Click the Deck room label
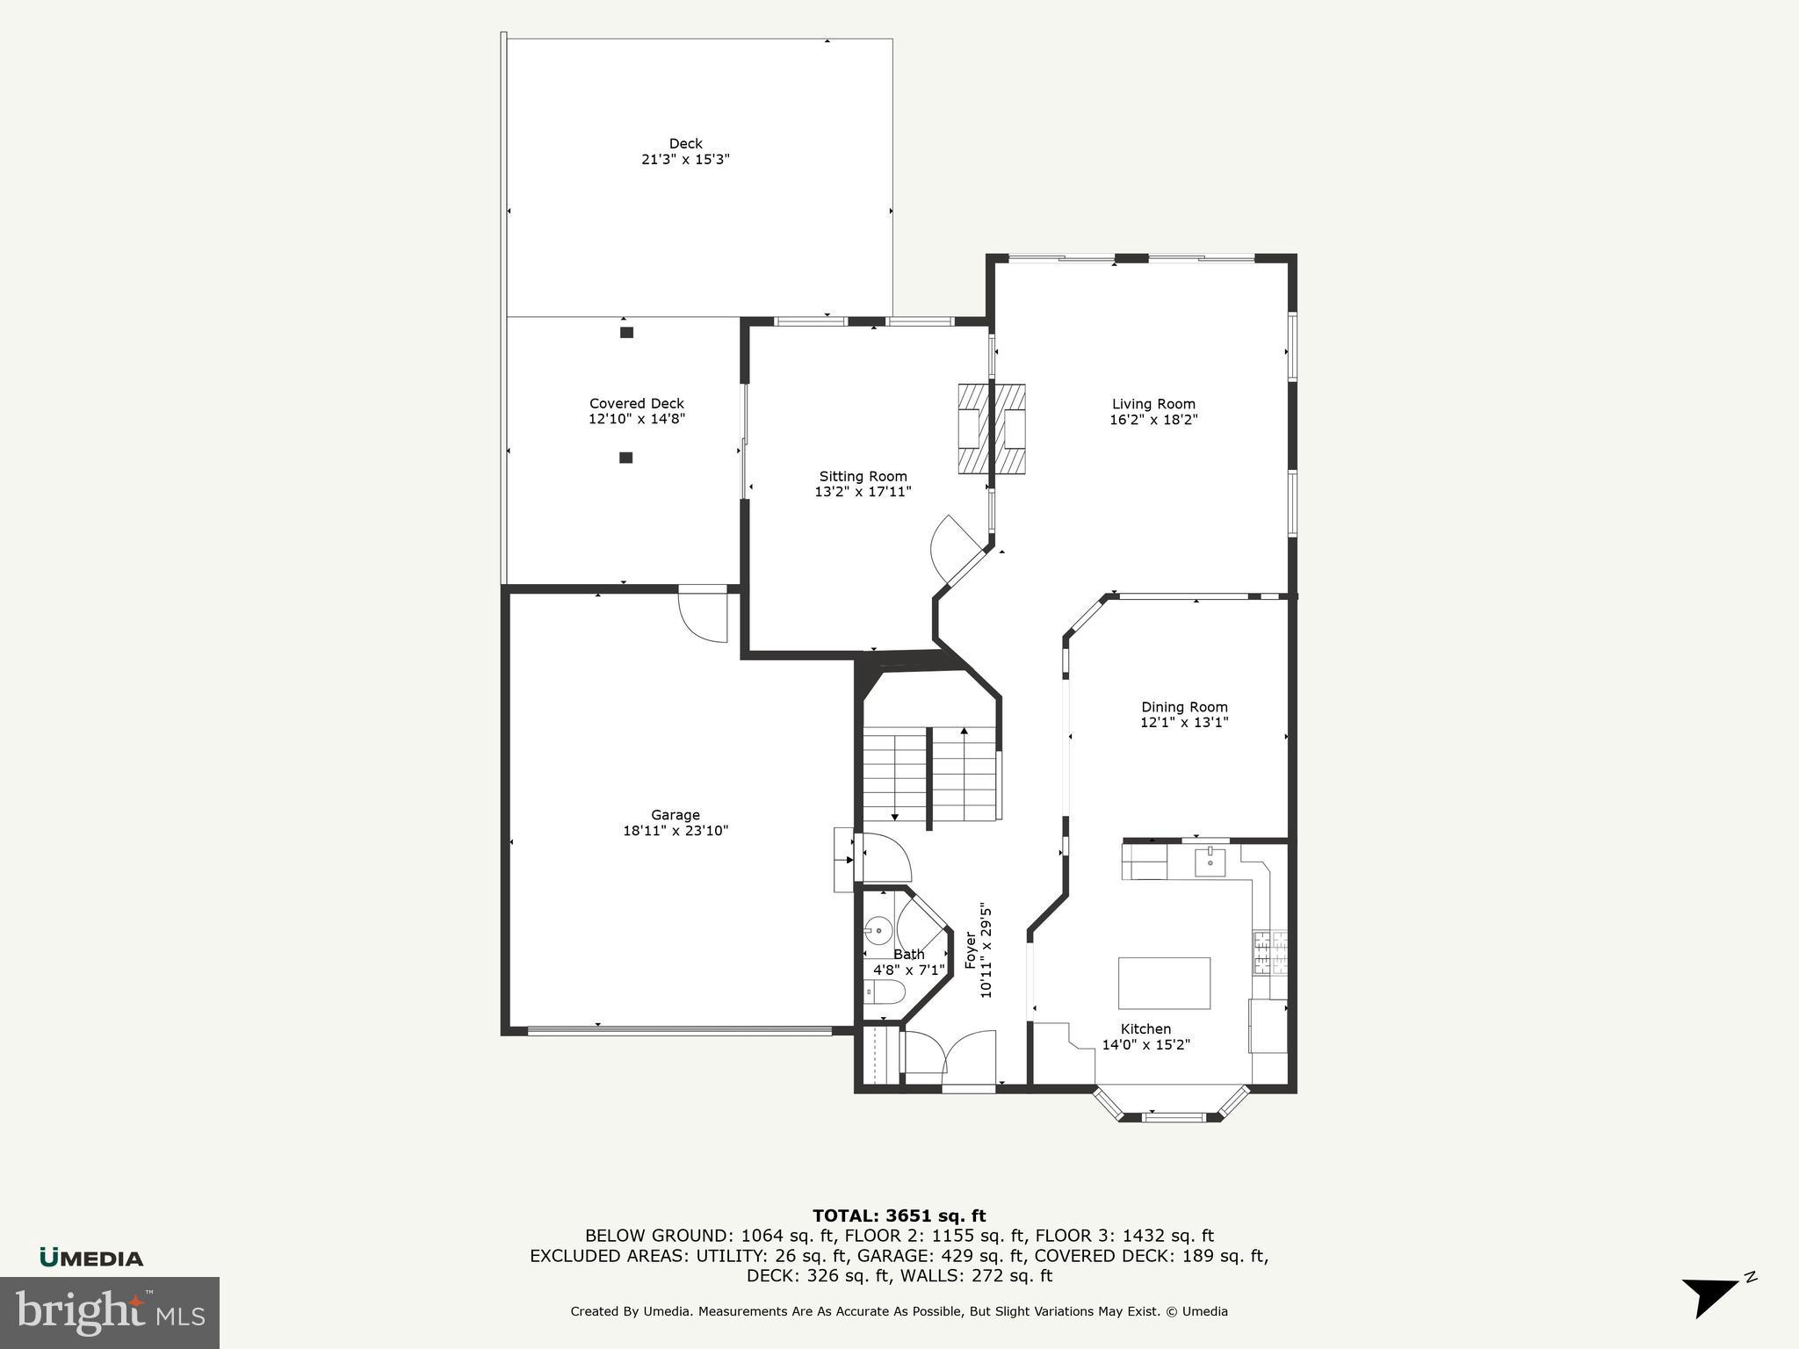coord(685,143)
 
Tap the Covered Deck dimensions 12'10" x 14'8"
coord(636,420)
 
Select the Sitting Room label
coord(863,476)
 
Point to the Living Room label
coord(1153,404)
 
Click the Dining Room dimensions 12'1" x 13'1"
coord(1184,723)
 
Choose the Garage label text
coord(675,815)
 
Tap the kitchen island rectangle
coord(1164,983)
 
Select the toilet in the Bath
coord(885,993)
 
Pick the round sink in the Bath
coord(878,930)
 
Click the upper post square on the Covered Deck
coord(626,332)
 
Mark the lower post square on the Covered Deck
coord(625,458)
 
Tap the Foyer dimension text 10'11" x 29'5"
coord(986,951)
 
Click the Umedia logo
coord(91,1258)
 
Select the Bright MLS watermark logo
coord(109,1312)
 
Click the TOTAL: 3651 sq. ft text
coord(899,1216)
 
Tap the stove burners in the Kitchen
coord(1269,953)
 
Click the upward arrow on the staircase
coord(965,732)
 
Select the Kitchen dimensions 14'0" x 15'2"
coord(1145,1045)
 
